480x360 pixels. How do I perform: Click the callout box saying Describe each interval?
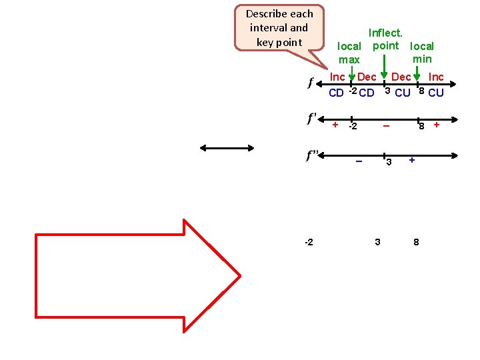[x=279, y=28]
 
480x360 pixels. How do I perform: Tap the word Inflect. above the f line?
[x=385, y=31]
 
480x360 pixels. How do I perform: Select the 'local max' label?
[x=349, y=53]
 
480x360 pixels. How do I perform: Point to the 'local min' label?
[x=422, y=53]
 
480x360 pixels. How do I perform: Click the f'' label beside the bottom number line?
[x=312, y=156]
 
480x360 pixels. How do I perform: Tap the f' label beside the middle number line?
[x=312, y=119]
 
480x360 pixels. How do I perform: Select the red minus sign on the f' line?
[x=386, y=126]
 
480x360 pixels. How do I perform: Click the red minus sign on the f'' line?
[x=359, y=161]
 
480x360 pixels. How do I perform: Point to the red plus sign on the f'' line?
[x=412, y=160]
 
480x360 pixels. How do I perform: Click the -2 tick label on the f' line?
[x=353, y=127]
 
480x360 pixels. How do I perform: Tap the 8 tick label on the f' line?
[x=421, y=126]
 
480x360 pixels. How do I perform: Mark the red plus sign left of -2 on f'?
[x=335, y=124]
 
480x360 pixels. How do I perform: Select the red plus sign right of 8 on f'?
[x=437, y=124]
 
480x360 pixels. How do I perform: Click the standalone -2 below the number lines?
[x=309, y=241]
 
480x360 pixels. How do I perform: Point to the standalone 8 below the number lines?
[x=417, y=241]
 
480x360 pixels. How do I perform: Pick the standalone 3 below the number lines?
[x=377, y=241]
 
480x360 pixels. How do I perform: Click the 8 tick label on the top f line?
[x=421, y=91]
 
